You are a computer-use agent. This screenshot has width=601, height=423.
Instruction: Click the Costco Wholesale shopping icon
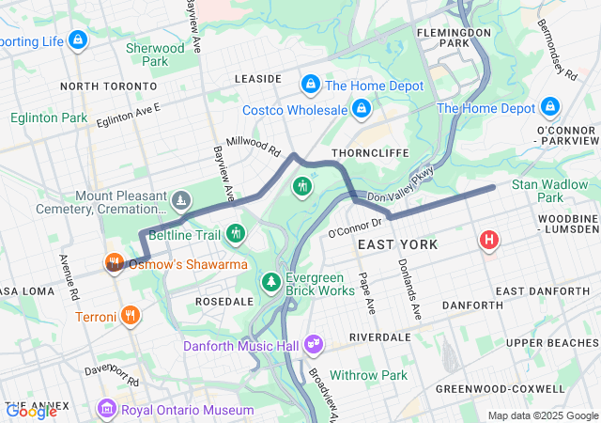click(361, 110)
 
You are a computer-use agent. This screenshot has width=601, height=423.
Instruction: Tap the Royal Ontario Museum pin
click(107, 410)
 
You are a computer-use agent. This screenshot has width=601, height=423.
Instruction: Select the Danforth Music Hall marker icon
click(314, 346)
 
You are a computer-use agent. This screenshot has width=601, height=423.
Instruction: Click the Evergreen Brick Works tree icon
click(271, 281)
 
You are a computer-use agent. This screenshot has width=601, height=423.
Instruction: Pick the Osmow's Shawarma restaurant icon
click(115, 263)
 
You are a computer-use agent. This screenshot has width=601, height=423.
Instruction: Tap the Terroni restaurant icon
click(131, 316)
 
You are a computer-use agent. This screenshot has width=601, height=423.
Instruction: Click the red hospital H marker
click(489, 241)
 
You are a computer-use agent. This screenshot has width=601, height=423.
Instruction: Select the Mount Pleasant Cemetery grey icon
click(180, 199)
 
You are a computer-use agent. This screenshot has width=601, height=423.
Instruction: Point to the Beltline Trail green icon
click(235, 232)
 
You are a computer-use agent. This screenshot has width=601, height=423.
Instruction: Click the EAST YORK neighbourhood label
click(397, 244)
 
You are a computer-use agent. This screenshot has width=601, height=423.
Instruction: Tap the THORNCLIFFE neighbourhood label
click(366, 151)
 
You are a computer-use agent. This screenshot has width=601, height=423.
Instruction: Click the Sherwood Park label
click(155, 55)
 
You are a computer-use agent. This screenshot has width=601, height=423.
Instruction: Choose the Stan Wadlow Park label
click(549, 192)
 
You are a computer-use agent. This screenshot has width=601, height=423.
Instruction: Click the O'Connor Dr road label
click(355, 227)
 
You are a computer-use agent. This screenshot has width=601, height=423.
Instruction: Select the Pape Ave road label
click(366, 292)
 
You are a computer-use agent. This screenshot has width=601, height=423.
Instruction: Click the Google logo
click(31, 410)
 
